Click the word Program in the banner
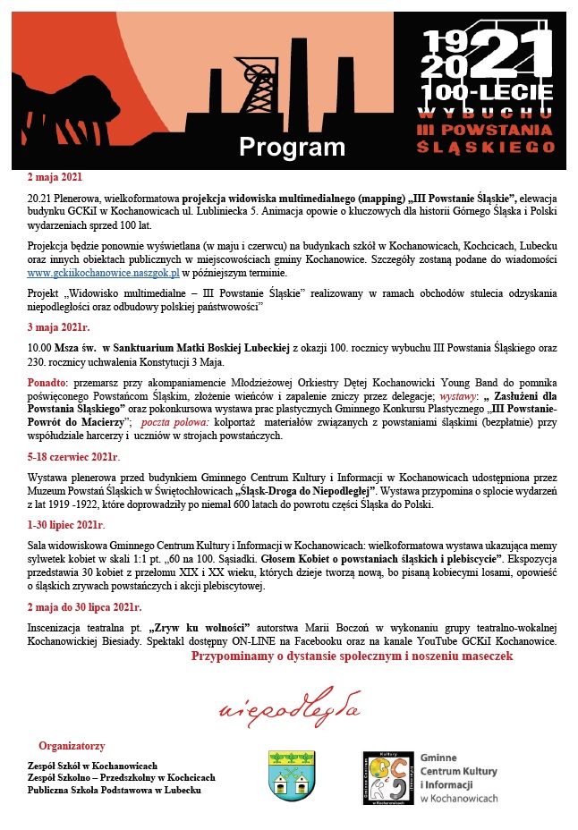tap(291, 147)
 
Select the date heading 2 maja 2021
tap(55, 176)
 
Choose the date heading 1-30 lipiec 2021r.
tap(65, 523)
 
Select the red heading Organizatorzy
tap(72, 745)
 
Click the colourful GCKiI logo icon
tap(386, 776)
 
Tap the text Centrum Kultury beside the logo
tap(459, 770)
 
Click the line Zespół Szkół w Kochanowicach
tap(92, 766)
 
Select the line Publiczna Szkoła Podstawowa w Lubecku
tap(114, 790)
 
